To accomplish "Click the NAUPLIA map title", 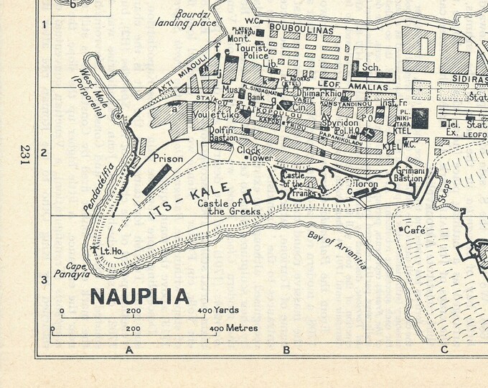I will pos(140,296).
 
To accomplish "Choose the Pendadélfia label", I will pos(95,190).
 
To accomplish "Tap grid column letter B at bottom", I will pos(286,350).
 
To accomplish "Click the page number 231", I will pos(26,154).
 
